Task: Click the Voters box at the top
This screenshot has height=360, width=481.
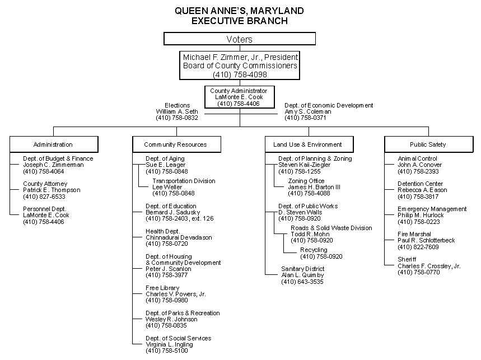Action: (240, 39)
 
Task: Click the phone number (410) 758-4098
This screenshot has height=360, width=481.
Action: (240, 74)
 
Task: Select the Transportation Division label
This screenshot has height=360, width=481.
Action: (184, 181)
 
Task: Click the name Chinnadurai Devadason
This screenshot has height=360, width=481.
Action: (179, 237)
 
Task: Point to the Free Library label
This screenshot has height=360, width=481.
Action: (162, 288)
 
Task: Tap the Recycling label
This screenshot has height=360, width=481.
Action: (314, 250)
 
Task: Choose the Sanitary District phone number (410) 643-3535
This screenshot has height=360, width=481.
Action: (302, 282)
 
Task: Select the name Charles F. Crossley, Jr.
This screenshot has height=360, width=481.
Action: (429, 266)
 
